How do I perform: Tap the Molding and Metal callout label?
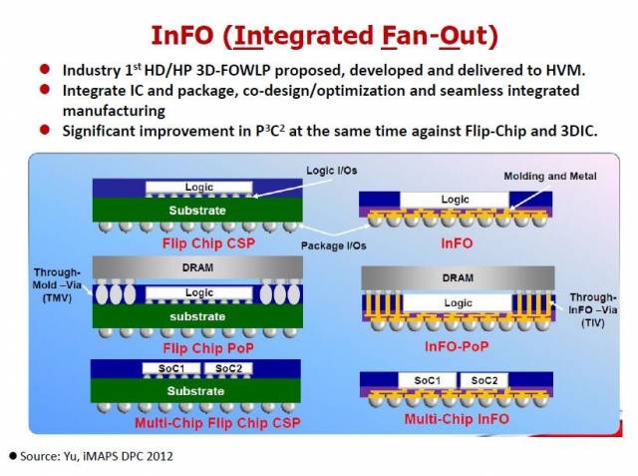click(x=549, y=176)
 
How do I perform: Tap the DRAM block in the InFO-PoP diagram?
click(x=458, y=277)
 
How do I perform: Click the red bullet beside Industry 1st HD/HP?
click(x=46, y=71)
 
